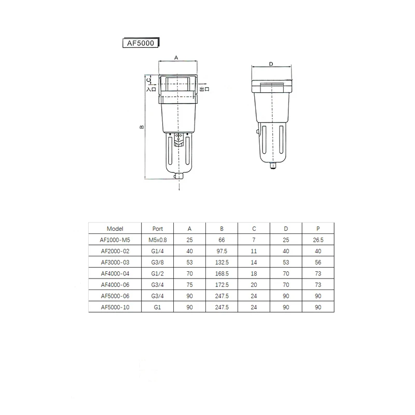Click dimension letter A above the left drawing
(176, 58)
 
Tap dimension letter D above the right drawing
(272, 64)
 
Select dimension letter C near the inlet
(149, 80)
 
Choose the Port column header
(158, 228)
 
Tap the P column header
(318, 228)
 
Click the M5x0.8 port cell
(158, 240)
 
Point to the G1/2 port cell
(158, 273)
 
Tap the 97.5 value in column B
(222, 251)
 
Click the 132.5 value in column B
(222, 262)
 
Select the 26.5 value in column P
(318, 240)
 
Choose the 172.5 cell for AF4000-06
(222, 285)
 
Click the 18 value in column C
(254, 273)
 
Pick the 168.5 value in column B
(222, 273)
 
